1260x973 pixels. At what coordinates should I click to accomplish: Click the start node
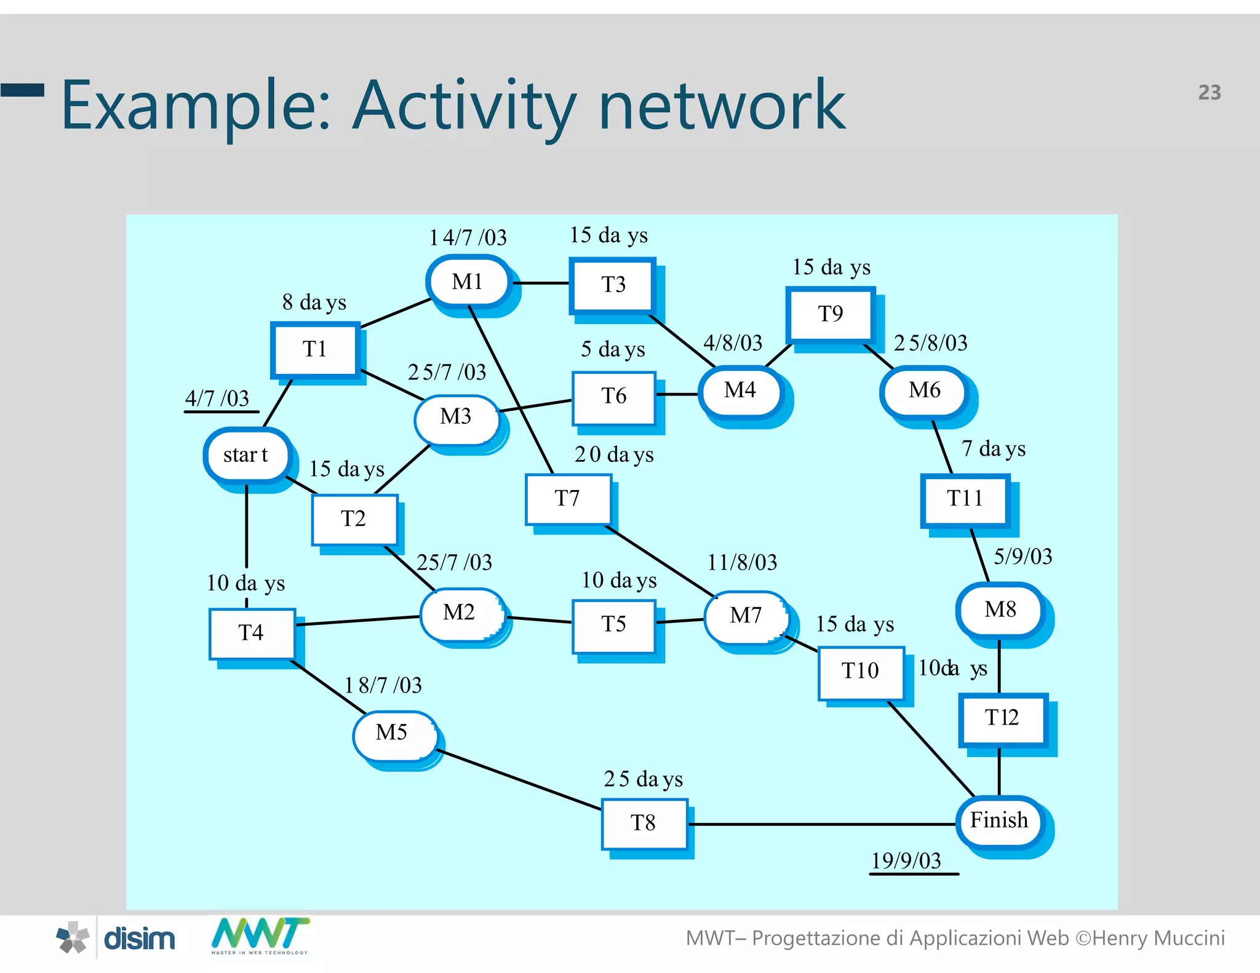246,455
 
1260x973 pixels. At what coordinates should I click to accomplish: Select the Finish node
999,820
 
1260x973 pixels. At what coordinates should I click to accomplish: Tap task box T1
314,349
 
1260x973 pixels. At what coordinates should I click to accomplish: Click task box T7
567,498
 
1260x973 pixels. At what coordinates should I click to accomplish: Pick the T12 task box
1002,718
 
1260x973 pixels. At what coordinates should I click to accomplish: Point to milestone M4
740,390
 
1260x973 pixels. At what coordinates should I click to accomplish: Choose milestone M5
392,733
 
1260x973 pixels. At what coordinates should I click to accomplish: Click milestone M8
1000,610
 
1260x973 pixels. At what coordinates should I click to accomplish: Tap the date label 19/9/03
906,860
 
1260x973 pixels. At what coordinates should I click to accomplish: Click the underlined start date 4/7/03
217,399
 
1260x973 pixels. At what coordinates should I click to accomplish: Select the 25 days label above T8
643,779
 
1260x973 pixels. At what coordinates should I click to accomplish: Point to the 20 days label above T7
613,455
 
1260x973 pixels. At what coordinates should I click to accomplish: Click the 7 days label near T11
993,449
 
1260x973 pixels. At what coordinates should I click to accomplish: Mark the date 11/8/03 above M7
742,562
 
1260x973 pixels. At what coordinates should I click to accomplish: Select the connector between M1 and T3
540,283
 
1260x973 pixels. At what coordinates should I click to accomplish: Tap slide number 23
1209,92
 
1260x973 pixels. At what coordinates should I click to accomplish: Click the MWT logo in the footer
260,935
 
